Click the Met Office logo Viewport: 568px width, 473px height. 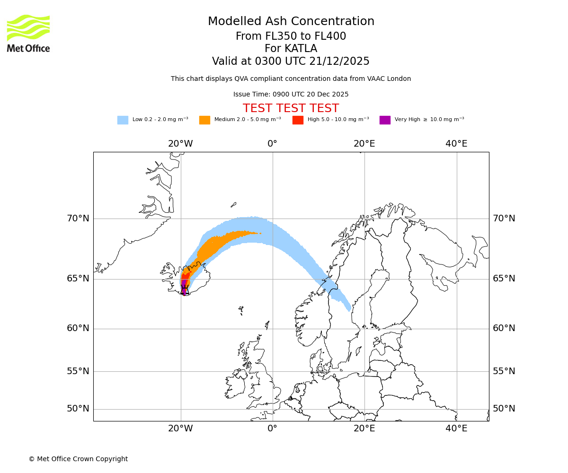point(28,33)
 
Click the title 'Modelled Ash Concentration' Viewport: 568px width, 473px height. point(291,22)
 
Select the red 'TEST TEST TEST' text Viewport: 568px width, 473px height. point(291,109)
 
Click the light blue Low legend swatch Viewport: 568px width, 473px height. point(123,120)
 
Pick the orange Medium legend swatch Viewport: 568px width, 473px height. point(204,120)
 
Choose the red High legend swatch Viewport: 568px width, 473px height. point(298,120)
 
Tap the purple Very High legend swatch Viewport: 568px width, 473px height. point(385,120)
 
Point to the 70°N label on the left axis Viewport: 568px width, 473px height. point(78,219)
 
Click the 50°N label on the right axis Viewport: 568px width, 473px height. point(504,409)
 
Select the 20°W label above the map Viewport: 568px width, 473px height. point(180,144)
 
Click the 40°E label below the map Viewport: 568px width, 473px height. point(456,429)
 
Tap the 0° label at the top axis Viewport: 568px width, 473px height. point(272,144)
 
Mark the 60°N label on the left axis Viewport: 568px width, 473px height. point(78,328)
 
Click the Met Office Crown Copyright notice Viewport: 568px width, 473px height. point(78,459)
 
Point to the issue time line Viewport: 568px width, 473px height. point(291,95)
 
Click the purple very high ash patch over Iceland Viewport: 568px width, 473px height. point(184,285)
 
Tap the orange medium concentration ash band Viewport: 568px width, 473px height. point(222,241)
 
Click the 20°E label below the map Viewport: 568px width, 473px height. point(364,429)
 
